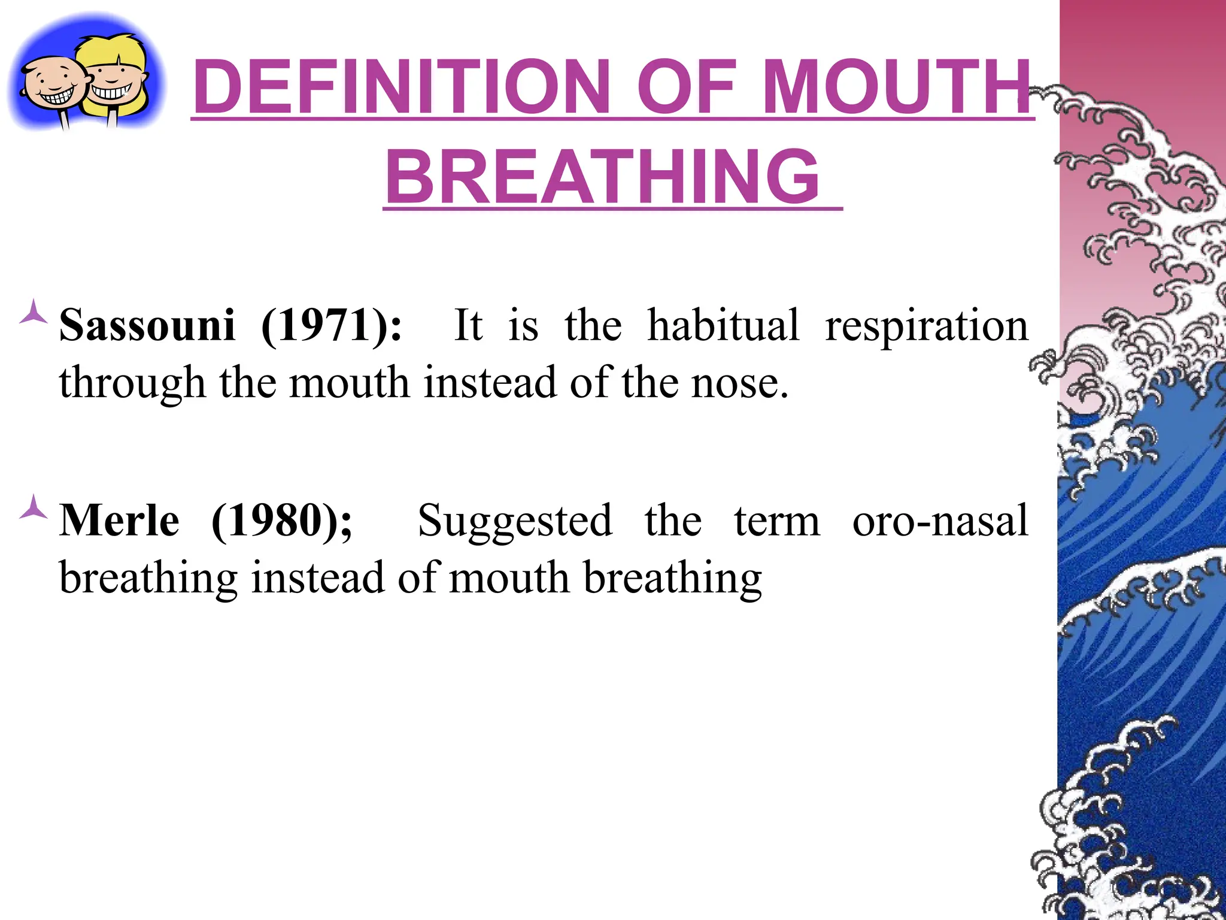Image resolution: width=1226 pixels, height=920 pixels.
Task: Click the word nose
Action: (739, 383)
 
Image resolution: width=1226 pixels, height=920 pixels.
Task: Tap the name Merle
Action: (119, 520)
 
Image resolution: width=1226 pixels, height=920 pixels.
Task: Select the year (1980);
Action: (282, 520)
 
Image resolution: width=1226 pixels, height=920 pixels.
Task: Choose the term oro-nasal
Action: (940, 520)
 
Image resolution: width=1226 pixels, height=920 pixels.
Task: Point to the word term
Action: (777, 522)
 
